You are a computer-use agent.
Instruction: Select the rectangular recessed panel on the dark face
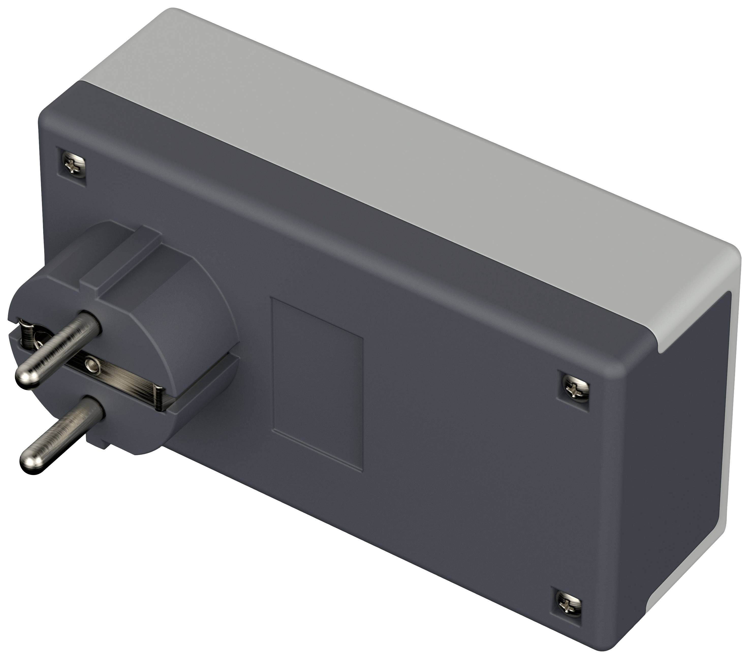[x=317, y=383]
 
